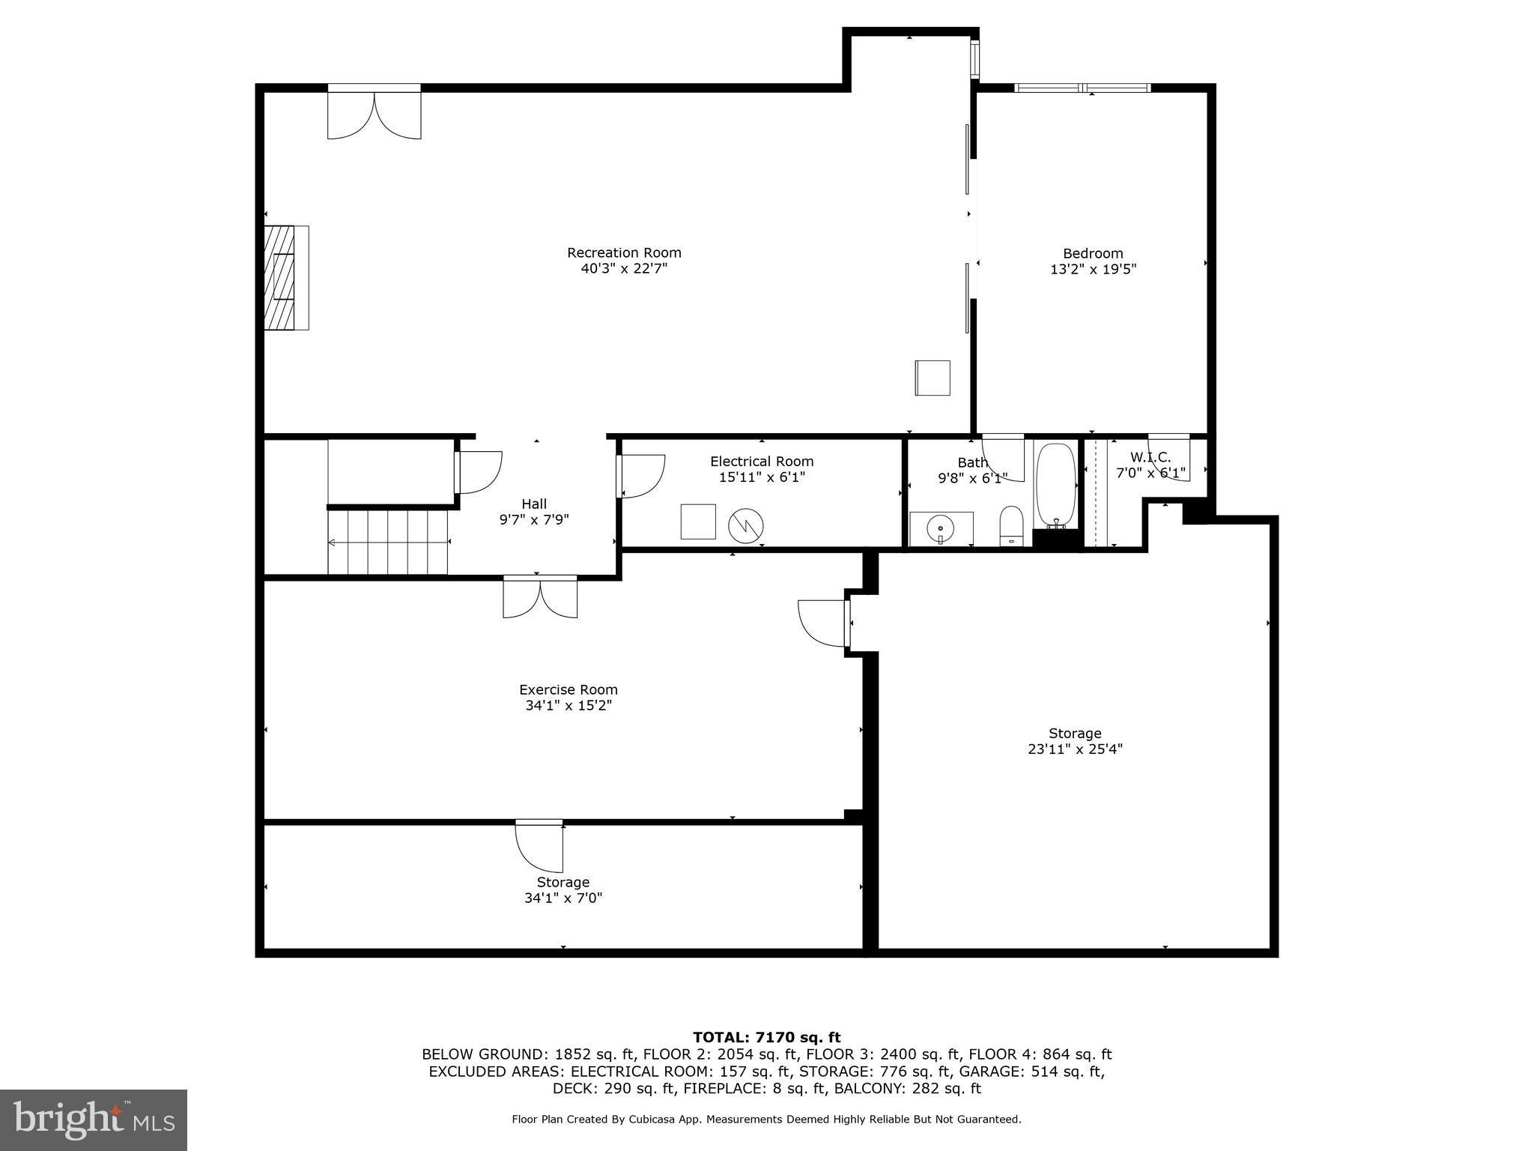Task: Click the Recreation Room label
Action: coord(624,253)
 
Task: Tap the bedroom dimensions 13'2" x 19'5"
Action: coord(1093,269)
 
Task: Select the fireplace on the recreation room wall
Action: coord(285,277)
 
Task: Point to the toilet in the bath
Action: coord(1011,525)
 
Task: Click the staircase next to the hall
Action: coord(387,542)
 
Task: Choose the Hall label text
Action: coord(534,504)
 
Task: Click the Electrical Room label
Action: coord(762,462)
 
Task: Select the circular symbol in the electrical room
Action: coord(746,525)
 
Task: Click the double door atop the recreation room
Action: coord(374,114)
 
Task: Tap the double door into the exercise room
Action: coord(540,598)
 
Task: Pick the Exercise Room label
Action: coord(569,689)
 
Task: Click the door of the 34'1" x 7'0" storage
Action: coord(538,848)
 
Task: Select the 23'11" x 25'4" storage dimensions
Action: coord(1075,749)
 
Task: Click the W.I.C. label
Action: coord(1150,457)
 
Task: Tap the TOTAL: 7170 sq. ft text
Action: coord(766,1037)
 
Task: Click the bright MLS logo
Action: coord(94,1120)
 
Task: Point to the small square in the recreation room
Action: coord(933,378)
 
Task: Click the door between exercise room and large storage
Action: coord(824,623)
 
